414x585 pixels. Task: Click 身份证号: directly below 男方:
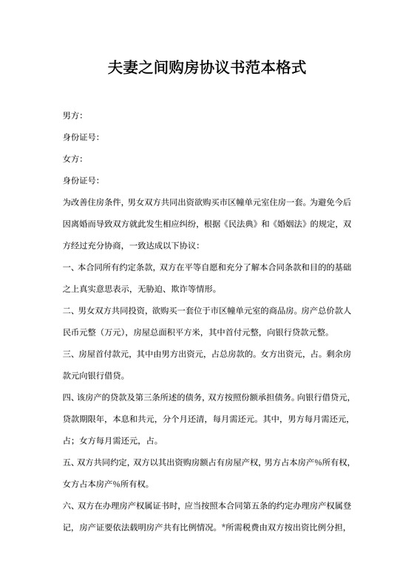81,137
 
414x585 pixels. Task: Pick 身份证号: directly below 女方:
81,180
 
